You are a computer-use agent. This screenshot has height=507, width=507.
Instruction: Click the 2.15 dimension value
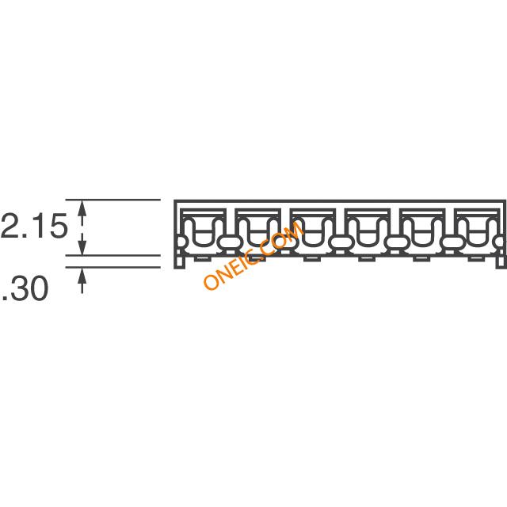pyautogui.click(x=33, y=227)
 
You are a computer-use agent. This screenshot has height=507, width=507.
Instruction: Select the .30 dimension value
pyautogui.click(x=25, y=289)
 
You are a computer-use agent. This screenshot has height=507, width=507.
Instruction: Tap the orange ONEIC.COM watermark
pyautogui.click(x=253, y=255)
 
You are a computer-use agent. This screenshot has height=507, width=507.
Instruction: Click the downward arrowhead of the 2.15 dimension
pyautogui.click(x=82, y=247)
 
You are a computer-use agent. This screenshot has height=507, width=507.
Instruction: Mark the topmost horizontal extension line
pyautogui.click(x=112, y=200)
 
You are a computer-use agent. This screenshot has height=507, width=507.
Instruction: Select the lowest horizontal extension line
pyautogui.click(x=112, y=268)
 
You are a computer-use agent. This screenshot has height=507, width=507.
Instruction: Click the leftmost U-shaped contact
pyautogui.click(x=203, y=231)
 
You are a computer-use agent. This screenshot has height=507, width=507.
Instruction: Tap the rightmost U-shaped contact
pyautogui.click(x=476, y=231)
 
